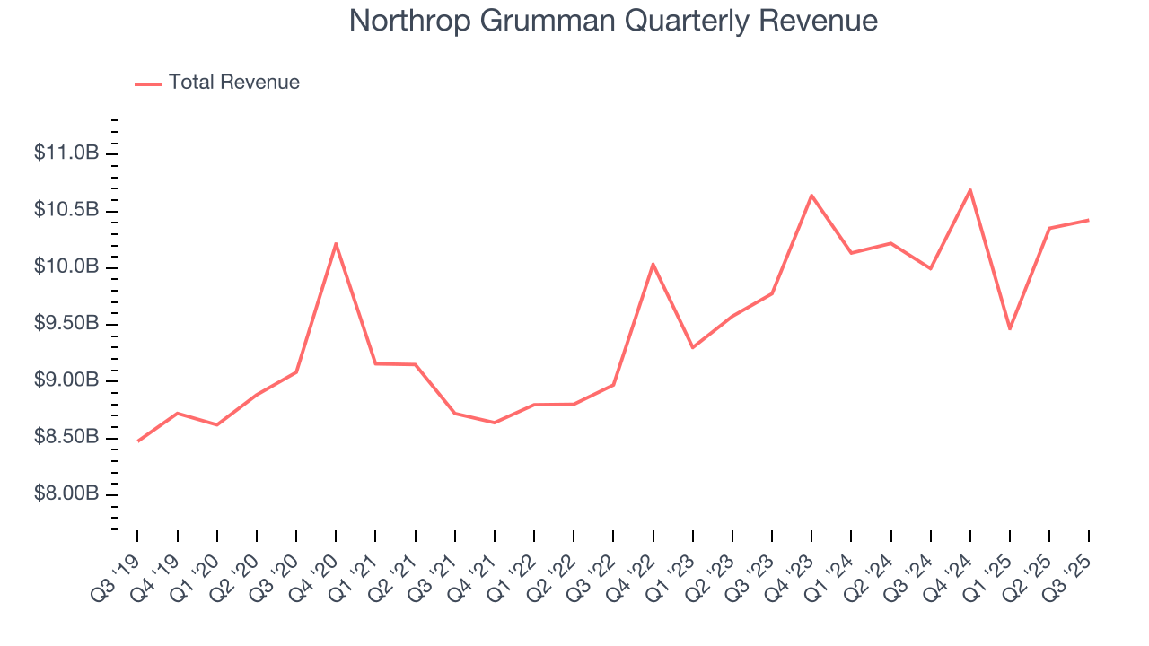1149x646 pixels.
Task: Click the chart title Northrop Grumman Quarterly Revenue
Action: click(x=613, y=21)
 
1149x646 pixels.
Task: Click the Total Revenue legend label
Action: click(x=233, y=83)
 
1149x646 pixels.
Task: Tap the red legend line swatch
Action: click(x=148, y=83)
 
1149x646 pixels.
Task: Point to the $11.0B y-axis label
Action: click(x=66, y=153)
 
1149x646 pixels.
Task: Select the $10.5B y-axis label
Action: click(x=66, y=210)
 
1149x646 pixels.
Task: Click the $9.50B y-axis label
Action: click(x=66, y=324)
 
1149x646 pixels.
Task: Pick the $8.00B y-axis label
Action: click(x=66, y=494)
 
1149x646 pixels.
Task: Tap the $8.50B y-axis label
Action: click(x=66, y=438)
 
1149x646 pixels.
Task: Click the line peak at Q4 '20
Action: click(x=336, y=243)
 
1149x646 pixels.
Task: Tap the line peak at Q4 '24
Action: click(x=970, y=189)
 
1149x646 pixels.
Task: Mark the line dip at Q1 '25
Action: click(x=1010, y=329)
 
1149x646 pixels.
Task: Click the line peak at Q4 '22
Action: click(x=653, y=264)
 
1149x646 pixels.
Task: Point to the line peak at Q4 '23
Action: click(x=811, y=195)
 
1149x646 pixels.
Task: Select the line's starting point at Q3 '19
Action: click(x=138, y=441)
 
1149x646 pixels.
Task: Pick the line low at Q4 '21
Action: click(x=495, y=423)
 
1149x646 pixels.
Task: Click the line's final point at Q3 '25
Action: click(x=1089, y=220)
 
